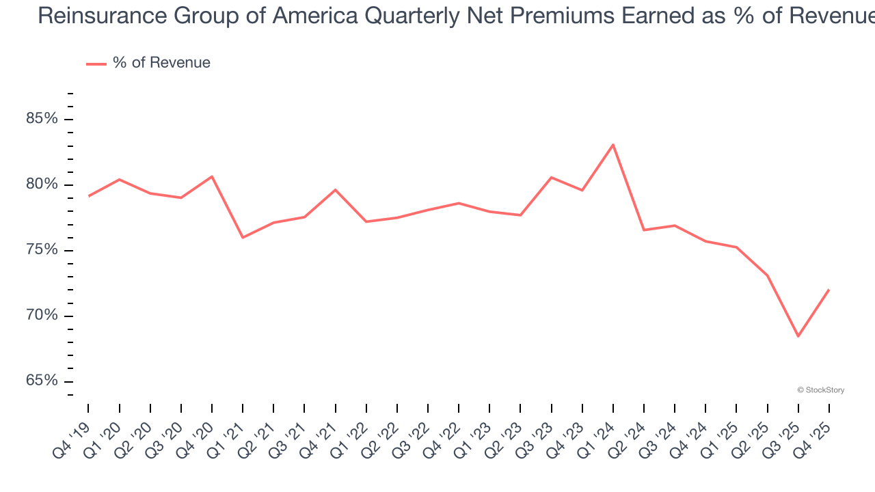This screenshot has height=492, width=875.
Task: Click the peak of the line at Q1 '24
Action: pos(613,145)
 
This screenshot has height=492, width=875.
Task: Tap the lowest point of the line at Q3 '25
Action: pos(798,336)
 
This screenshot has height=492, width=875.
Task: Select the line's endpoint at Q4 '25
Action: pos(829,290)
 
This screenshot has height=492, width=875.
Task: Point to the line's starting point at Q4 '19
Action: pos(89,196)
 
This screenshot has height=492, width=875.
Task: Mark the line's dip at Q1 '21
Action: pos(243,238)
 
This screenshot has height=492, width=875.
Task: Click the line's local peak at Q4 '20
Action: pos(212,176)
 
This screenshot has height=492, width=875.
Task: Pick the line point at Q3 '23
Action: pos(551,178)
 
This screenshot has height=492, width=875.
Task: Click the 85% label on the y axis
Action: pos(42,119)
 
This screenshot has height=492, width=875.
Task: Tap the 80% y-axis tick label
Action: pos(42,184)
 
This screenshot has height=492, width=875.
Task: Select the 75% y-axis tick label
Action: pos(42,250)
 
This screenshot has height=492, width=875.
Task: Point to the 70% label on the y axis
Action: pos(42,316)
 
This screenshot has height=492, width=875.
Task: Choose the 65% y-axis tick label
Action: pos(42,381)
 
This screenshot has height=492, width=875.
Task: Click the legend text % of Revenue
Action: pos(161,63)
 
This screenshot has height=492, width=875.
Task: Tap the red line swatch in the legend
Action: pos(96,64)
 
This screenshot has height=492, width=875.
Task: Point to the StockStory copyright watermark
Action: pos(820,390)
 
